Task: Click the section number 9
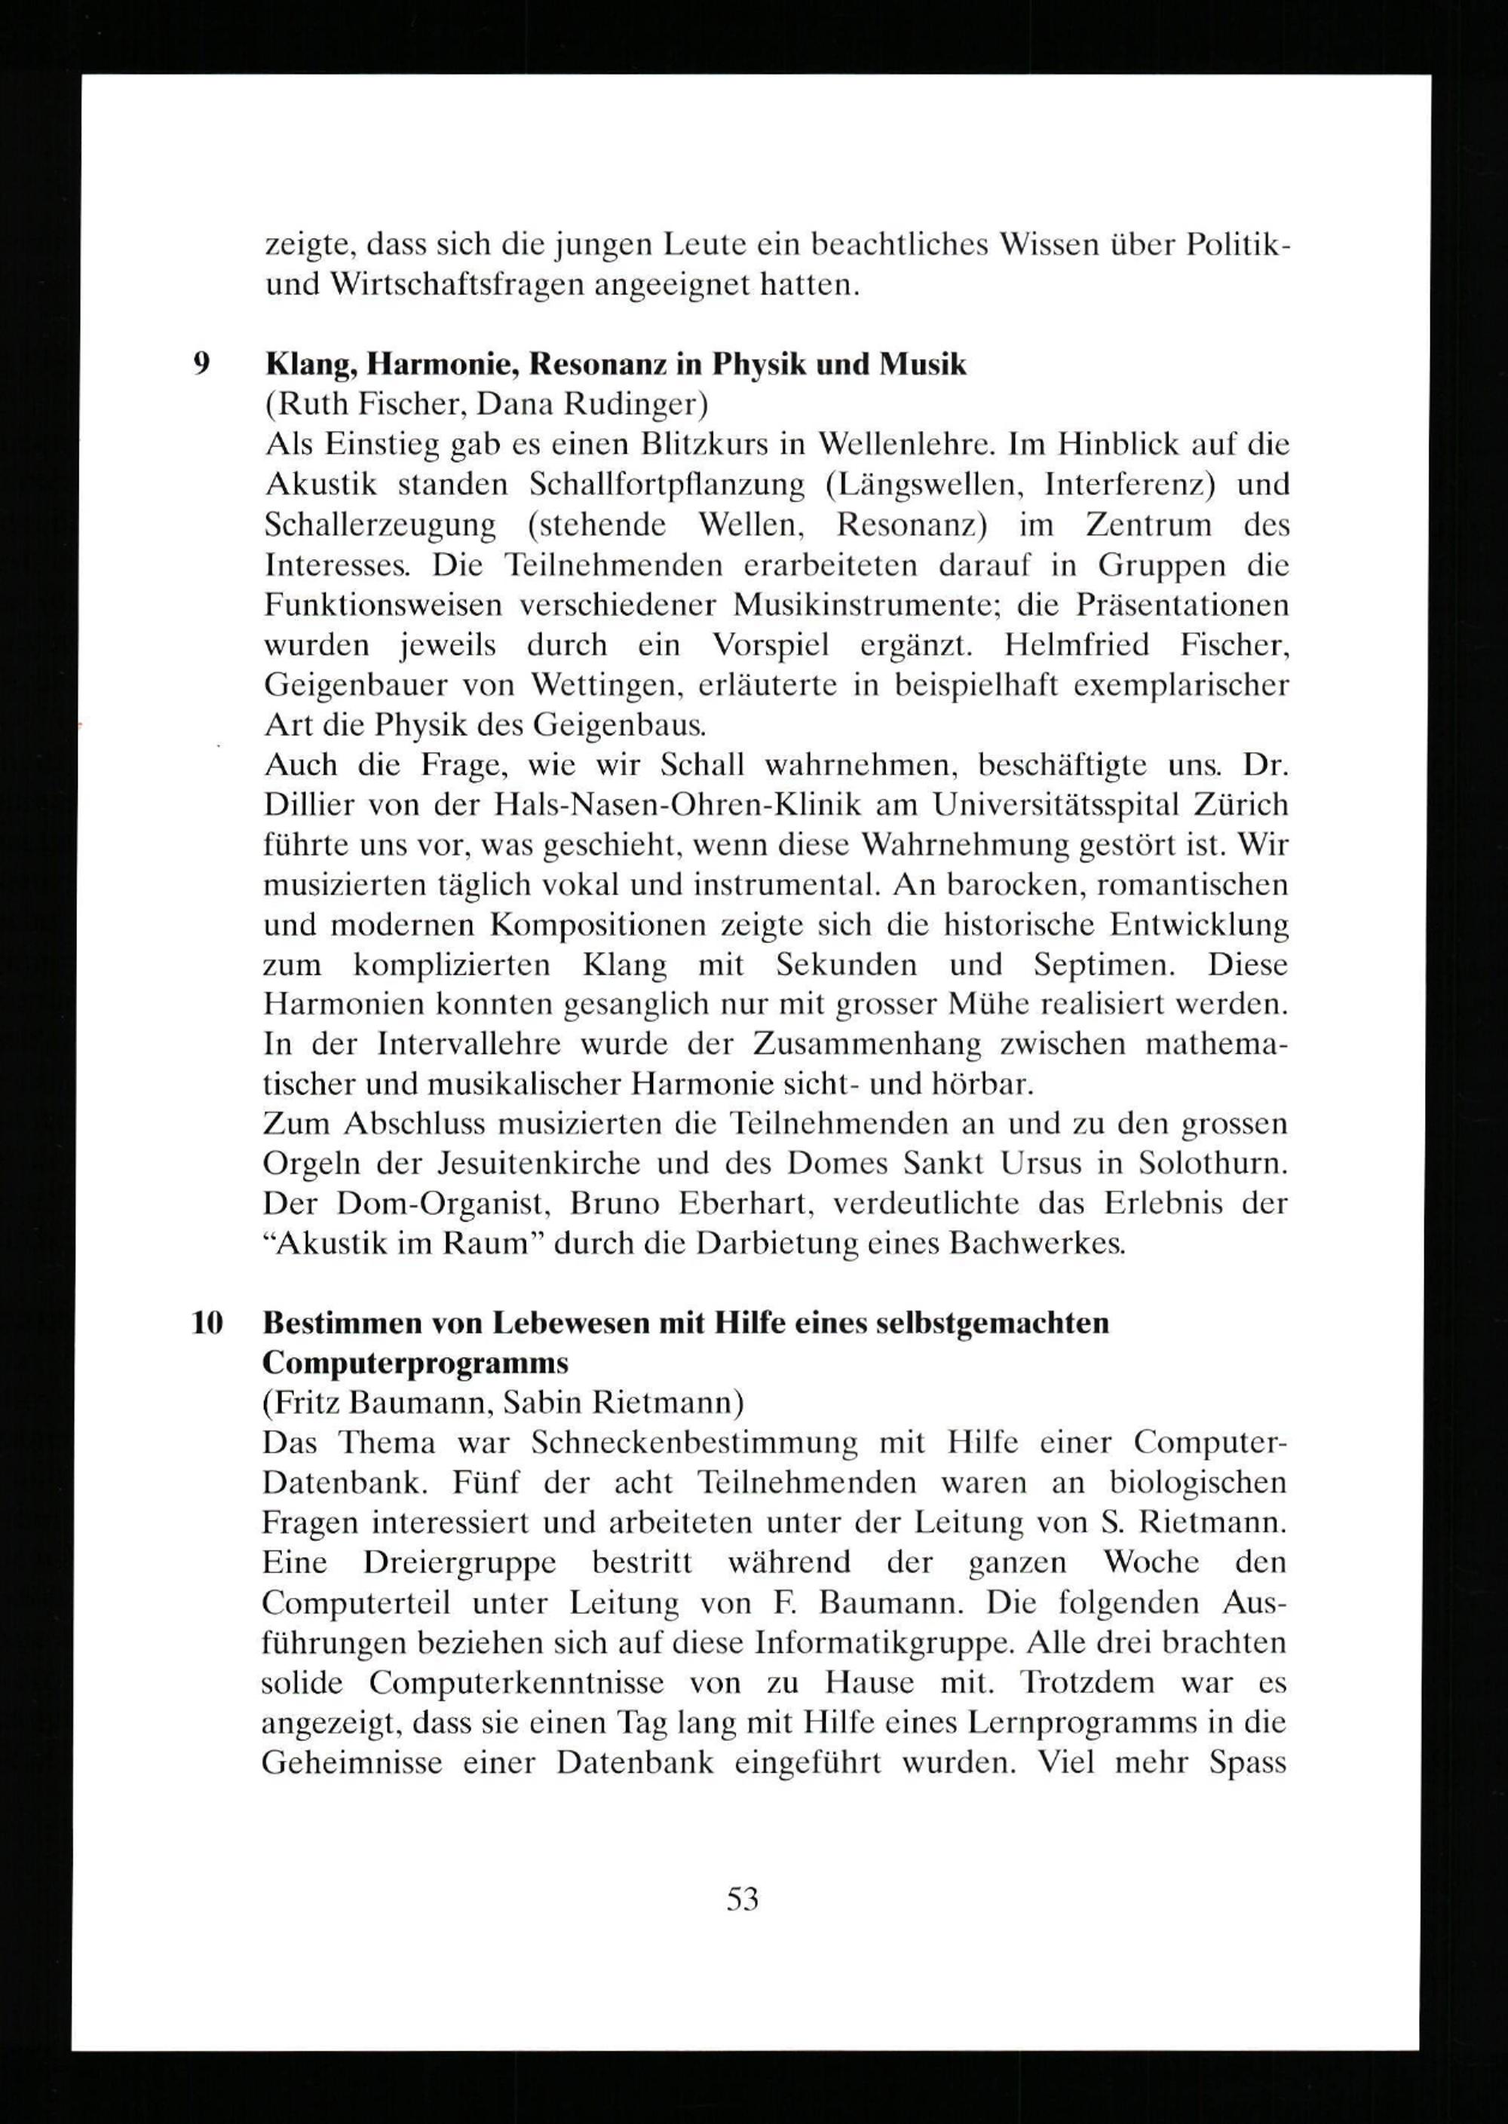click(201, 364)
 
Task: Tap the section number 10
click(207, 1322)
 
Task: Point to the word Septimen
click(1106, 965)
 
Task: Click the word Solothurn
click(1218, 1164)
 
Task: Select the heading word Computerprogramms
click(414, 1363)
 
